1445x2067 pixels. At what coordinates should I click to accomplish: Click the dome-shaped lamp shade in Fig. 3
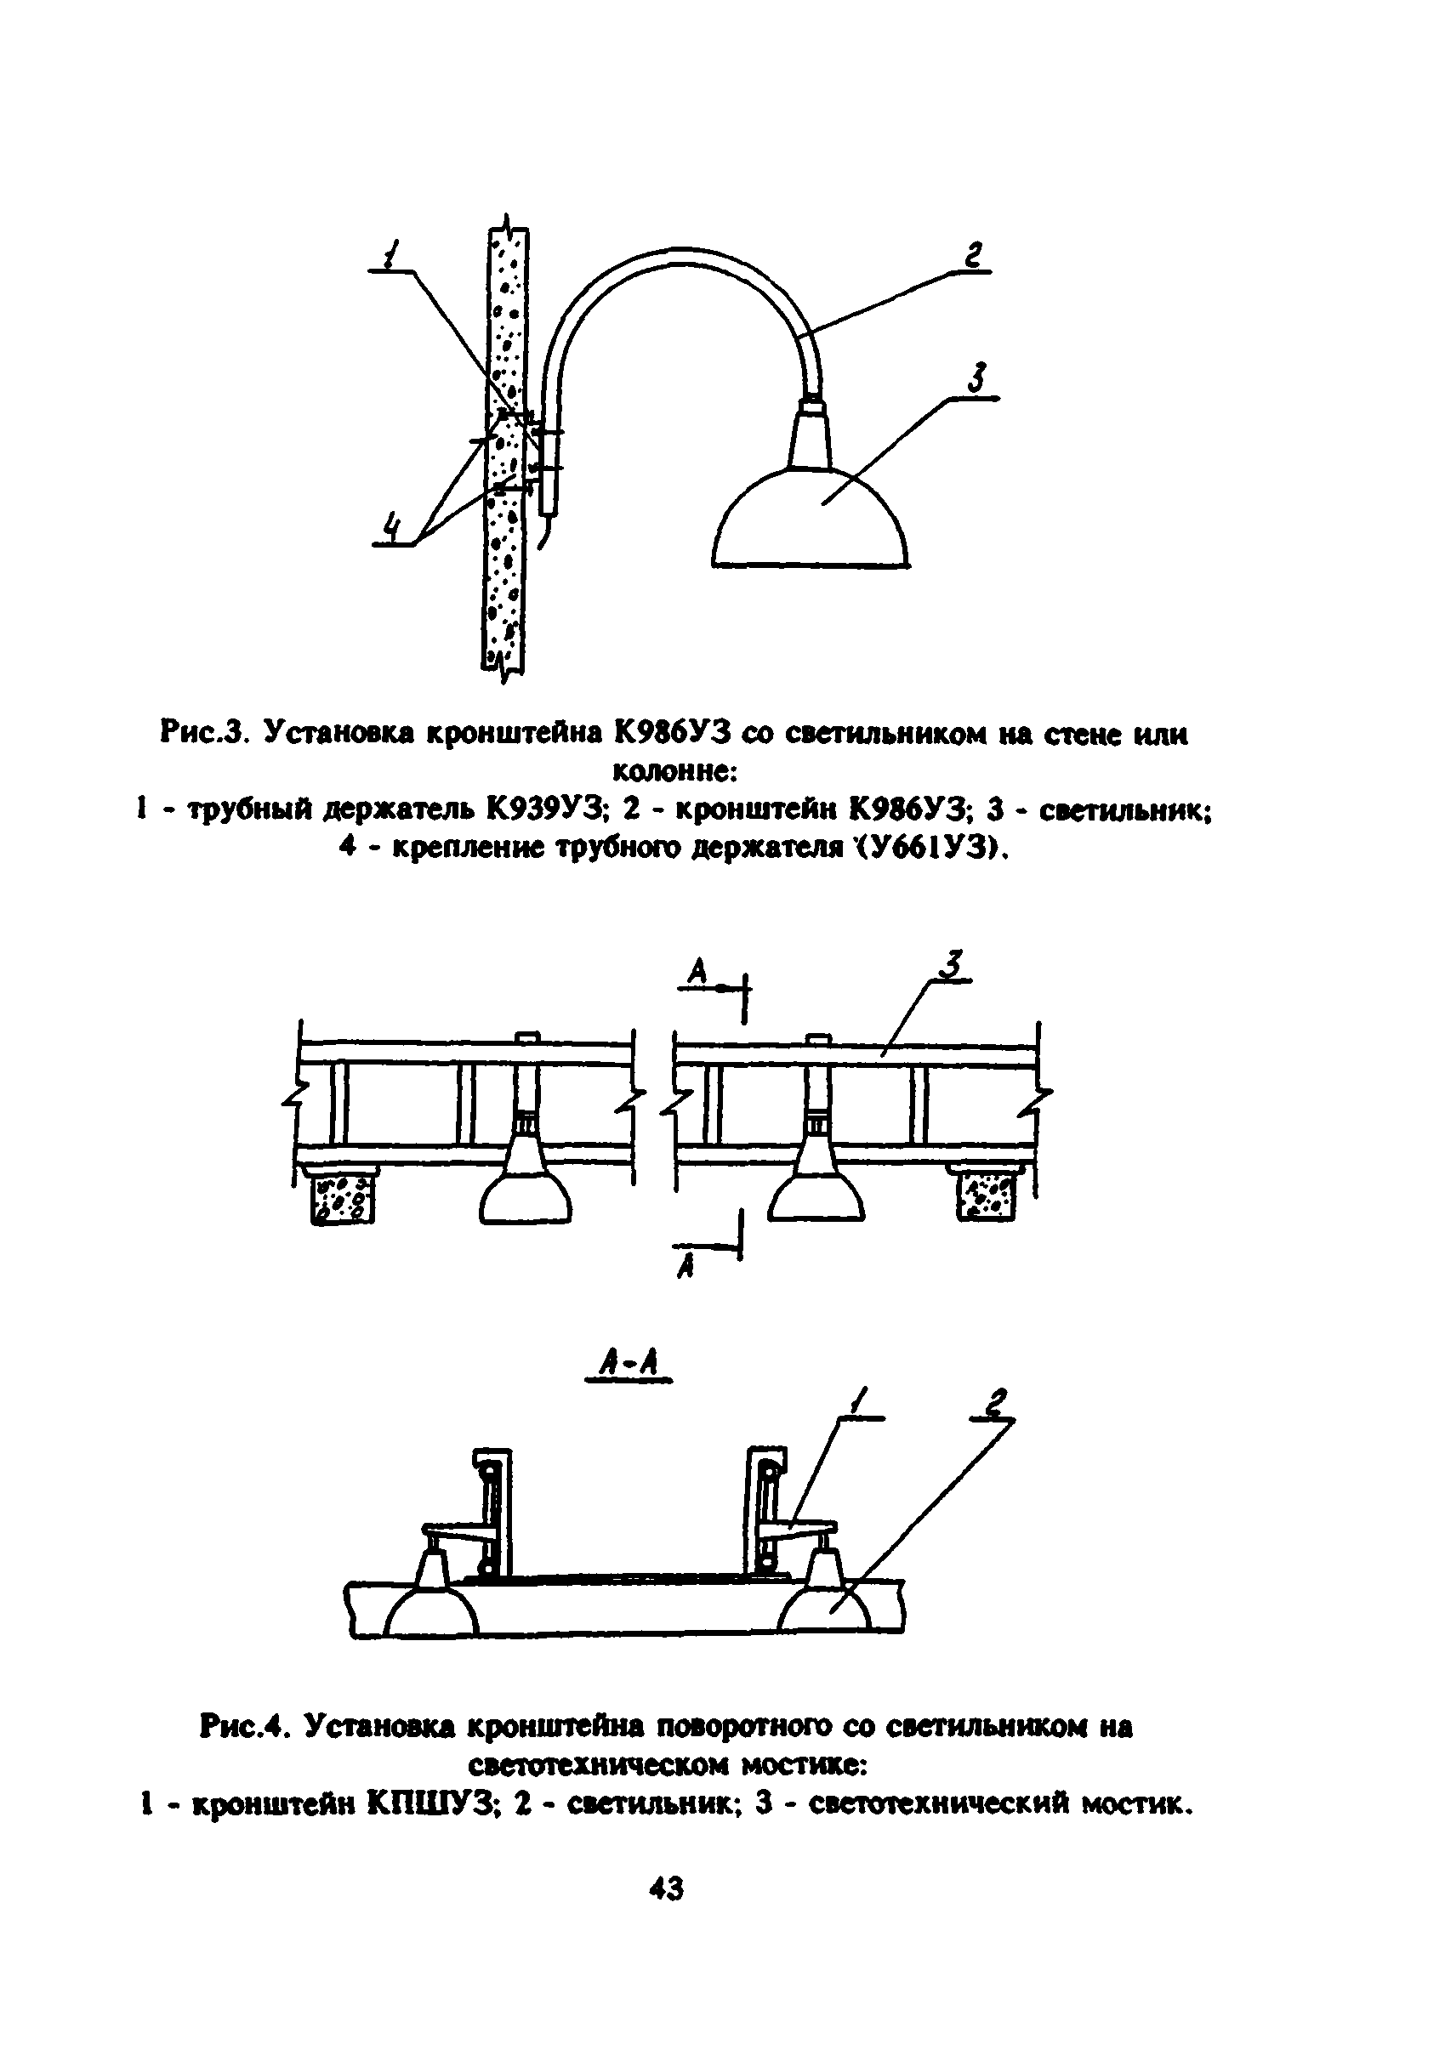point(811,522)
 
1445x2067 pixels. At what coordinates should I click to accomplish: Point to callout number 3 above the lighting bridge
point(953,964)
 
